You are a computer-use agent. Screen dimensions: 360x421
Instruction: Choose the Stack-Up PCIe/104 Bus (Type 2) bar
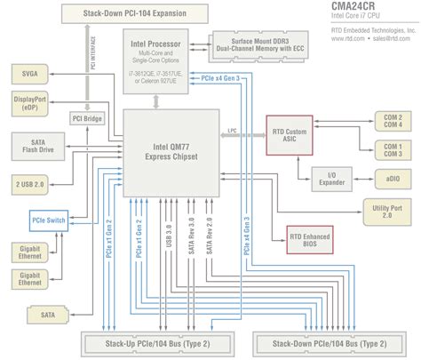[158, 342]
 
